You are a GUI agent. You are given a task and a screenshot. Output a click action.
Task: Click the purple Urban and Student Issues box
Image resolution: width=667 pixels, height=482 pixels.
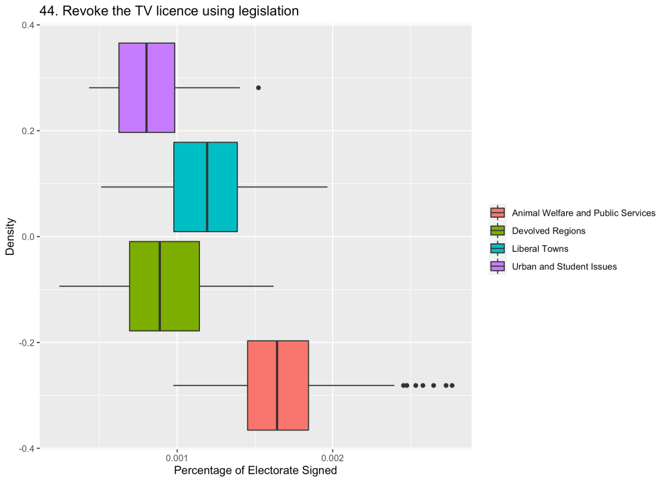(x=133, y=87)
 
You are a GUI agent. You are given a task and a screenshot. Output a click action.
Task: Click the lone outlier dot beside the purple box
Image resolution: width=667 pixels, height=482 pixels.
(x=258, y=87)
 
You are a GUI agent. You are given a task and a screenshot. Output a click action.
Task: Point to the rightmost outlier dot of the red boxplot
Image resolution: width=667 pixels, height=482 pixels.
(x=452, y=385)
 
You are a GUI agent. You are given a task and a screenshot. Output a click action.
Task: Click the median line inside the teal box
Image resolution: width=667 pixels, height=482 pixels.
(x=207, y=187)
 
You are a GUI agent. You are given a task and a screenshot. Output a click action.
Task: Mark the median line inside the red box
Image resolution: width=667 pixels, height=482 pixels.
(x=277, y=385)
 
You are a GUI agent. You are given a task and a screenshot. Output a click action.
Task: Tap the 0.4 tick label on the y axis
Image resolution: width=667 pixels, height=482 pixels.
(x=27, y=25)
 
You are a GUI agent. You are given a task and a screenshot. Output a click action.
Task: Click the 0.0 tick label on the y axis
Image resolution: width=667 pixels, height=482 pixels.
(x=27, y=237)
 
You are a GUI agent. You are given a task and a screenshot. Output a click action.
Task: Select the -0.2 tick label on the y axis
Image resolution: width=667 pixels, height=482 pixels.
(x=25, y=342)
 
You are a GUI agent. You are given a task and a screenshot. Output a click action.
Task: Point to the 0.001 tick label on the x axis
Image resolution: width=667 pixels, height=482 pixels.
(x=177, y=459)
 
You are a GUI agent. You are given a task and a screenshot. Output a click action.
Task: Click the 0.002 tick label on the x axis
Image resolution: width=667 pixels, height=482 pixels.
(x=332, y=459)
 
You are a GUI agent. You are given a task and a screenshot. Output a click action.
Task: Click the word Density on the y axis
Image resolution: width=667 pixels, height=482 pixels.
(x=10, y=237)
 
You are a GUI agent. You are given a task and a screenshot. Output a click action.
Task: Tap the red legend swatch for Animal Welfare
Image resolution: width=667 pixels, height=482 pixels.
(x=498, y=213)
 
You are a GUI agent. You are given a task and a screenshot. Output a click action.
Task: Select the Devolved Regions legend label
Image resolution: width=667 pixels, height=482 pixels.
(x=548, y=231)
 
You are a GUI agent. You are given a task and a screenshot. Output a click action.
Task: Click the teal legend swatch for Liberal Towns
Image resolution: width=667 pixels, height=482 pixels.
(x=498, y=249)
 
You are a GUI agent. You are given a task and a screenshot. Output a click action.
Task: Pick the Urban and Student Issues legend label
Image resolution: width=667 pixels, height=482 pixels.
(x=564, y=266)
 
